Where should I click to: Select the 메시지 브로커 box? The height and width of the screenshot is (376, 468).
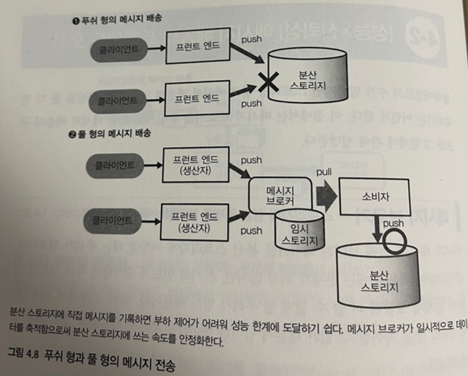click(277, 194)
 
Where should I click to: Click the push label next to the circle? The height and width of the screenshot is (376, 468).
click(394, 222)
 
